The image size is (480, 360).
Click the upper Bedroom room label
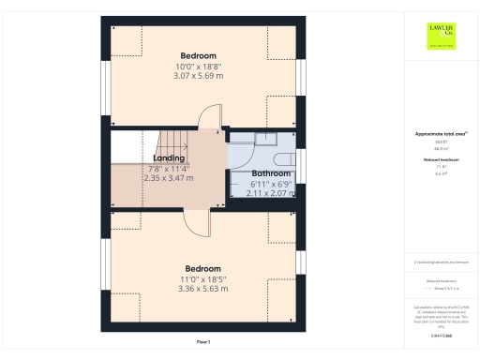tap(197, 55)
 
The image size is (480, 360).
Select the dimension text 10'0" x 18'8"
tap(197, 67)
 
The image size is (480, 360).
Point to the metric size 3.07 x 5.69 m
tap(197, 77)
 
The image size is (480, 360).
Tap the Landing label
tap(169, 158)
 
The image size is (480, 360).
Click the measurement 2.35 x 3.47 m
tap(169, 177)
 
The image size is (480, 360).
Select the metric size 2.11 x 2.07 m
tap(270, 192)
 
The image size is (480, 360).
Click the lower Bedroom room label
tap(202, 268)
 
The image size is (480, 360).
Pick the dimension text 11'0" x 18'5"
tap(202, 279)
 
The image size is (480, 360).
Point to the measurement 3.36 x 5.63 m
tap(202, 289)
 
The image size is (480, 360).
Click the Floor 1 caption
tap(203, 341)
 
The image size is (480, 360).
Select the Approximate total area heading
tap(440, 134)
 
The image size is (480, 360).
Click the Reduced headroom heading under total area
tap(440, 160)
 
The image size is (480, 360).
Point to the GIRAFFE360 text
tap(441, 335)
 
